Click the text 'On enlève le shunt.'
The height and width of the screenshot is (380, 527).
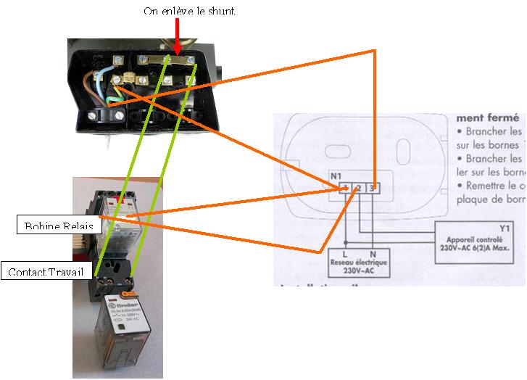click(x=191, y=11)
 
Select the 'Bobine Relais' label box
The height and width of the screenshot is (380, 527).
click(x=58, y=226)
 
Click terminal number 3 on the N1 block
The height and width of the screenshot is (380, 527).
click(x=372, y=188)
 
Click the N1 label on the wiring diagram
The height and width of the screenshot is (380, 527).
click(x=335, y=176)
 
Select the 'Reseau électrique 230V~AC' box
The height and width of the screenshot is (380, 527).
click(x=358, y=266)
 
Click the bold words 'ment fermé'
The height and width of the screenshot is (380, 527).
click(x=488, y=117)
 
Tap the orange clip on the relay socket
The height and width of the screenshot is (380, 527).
click(x=130, y=293)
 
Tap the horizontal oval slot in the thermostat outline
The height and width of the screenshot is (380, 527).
click(x=336, y=152)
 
